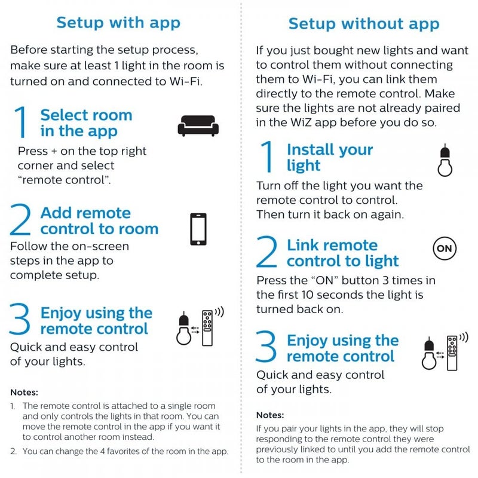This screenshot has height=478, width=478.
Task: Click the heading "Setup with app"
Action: point(118,23)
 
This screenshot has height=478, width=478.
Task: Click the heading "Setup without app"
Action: point(364,24)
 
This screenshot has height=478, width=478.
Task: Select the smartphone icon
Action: point(198,229)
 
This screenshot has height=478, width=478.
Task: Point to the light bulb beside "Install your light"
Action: point(443,161)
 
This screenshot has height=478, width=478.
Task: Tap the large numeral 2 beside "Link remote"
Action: point(266,253)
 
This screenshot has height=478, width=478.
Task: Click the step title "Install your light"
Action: point(329,158)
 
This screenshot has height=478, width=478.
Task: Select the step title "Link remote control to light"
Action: point(342,253)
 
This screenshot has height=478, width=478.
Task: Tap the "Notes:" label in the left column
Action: point(24,393)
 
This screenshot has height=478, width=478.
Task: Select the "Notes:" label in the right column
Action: point(270,415)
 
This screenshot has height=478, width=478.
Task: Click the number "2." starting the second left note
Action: point(14,452)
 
